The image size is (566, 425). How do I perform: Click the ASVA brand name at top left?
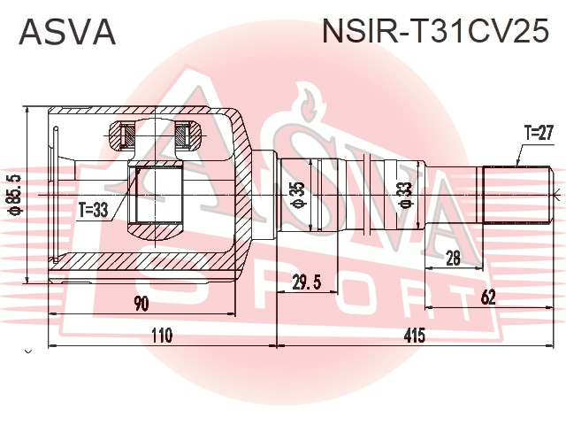[67, 32]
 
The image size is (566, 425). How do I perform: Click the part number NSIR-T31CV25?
[436, 31]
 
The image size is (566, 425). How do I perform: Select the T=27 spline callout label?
[539, 133]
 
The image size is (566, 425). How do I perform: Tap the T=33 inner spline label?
[94, 210]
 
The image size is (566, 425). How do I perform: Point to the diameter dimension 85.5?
[16, 195]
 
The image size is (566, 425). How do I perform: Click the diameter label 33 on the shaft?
[406, 195]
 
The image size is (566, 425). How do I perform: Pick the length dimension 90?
[141, 304]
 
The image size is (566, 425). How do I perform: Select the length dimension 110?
[161, 336]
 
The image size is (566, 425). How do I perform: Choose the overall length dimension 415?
[415, 336]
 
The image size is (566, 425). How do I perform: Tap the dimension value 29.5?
[307, 282]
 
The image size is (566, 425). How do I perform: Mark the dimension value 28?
[453, 258]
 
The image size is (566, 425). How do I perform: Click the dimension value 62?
[489, 297]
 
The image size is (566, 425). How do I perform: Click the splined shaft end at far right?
[516, 195]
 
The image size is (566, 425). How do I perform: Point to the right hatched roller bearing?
[188, 135]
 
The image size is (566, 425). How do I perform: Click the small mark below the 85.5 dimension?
[29, 351]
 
